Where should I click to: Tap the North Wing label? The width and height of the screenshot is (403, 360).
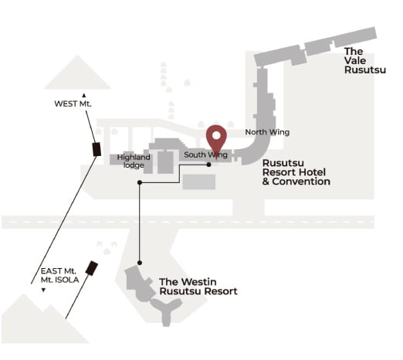(267, 132)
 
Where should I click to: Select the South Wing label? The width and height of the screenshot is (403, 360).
(205, 155)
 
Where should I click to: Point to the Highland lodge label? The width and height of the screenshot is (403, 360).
(134, 161)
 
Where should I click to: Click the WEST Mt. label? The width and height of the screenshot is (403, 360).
(73, 104)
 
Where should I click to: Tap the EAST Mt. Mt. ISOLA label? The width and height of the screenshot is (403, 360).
(59, 275)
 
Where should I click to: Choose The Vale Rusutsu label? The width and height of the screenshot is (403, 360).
(365, 60)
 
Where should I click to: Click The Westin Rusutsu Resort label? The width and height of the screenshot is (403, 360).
(198, 287)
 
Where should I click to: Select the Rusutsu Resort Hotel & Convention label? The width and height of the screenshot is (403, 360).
(296, 172)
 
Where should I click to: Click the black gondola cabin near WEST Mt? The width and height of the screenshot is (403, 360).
(97, 149)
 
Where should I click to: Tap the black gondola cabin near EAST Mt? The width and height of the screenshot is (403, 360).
(92, 268)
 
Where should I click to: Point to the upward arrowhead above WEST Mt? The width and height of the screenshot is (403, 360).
(83, 96)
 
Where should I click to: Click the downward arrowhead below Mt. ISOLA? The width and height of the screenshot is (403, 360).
(43, 290)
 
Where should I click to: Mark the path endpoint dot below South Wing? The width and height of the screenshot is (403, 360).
(208, 165)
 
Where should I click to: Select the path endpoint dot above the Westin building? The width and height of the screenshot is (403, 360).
(140, 263)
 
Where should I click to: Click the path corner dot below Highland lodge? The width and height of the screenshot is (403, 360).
(140, 182)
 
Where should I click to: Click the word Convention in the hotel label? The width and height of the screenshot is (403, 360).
(301, 182)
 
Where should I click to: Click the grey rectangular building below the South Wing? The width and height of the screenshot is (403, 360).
(199, 182)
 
